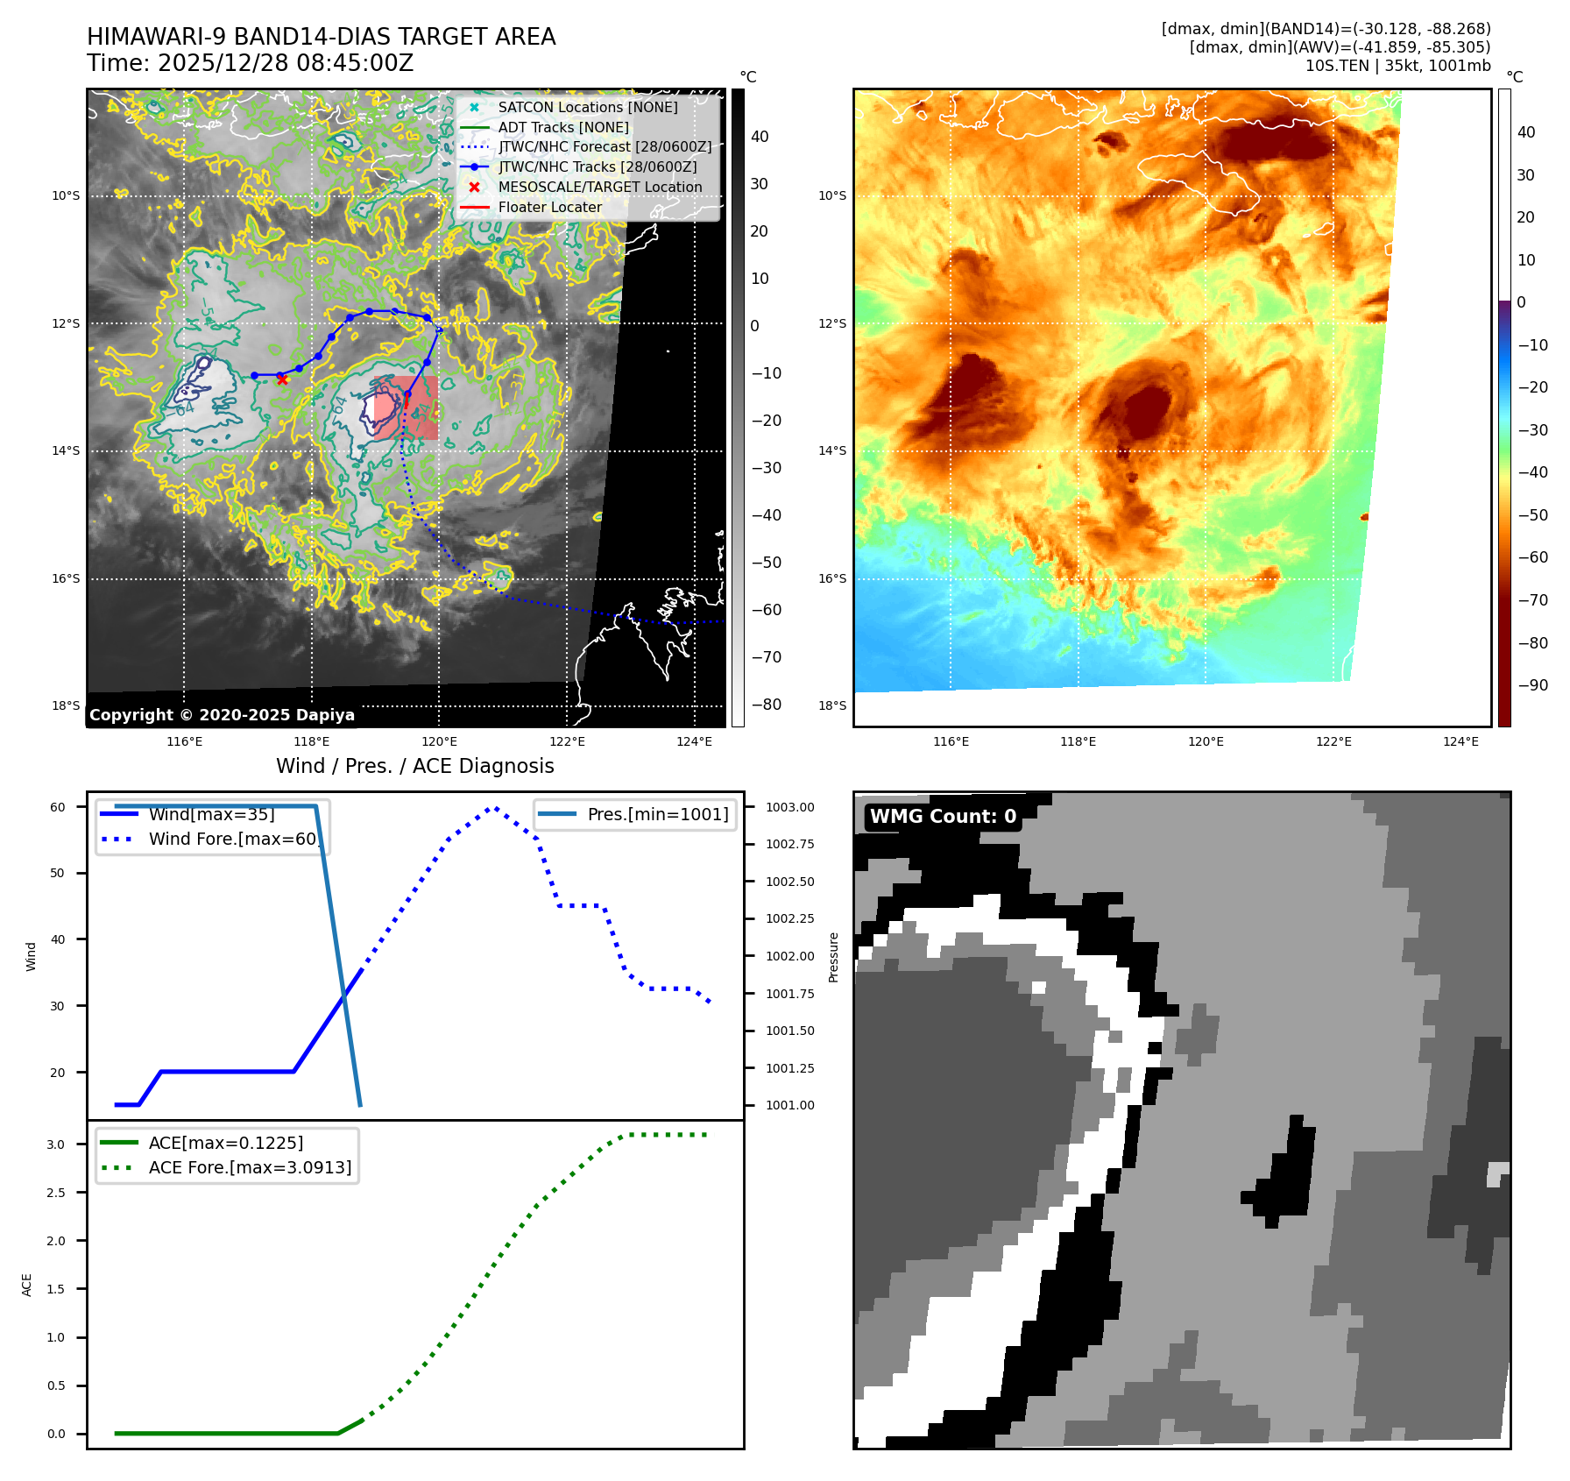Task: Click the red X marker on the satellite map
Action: (x=281, y=379)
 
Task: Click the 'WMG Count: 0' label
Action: (x=943, y=817)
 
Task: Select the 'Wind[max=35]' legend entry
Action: (x=211, y=814)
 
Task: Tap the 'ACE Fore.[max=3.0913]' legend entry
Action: (x=250, y=1167)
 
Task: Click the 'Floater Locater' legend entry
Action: (x=549, y=208)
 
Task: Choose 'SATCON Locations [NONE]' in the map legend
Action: (x=587, y=107)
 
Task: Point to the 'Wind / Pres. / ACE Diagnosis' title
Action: (x=414, y=766)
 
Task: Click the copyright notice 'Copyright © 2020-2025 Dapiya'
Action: (x=222, y=715)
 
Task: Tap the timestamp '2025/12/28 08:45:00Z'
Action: (x=286, y=63)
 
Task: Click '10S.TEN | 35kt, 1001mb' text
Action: (x=1397, y=66)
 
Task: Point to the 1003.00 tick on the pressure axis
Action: (x=789, y=807)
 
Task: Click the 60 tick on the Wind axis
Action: (x=58, y=807)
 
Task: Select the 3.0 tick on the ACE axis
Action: (x=56, y=1144)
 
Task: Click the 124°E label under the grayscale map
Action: (x=694, y=741)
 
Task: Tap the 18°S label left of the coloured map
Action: (x=831, y=705)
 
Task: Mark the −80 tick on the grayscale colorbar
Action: (x=766, y=705)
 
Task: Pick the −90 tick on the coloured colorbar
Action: (x=1532, y=685)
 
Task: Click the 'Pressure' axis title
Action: (x=833, y=957)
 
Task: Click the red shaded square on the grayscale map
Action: (x=406, y=407)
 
